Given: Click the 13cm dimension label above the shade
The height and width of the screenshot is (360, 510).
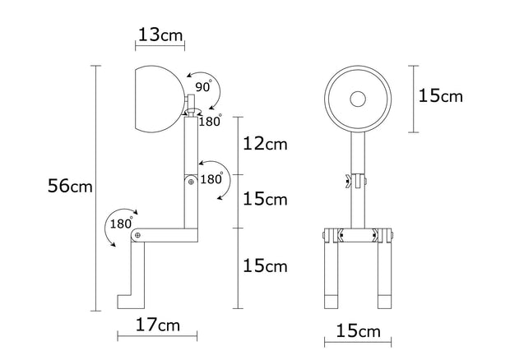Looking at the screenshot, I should [160, 35].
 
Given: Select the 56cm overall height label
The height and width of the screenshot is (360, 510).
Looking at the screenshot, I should [71, 187].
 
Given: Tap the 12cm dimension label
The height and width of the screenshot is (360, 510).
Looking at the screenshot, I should [264, 144].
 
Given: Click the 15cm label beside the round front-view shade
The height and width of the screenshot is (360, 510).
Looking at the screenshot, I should [440, 96].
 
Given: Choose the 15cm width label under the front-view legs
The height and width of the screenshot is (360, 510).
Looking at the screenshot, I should [358, 331].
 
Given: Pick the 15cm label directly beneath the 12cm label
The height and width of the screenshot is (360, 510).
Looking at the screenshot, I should [264, 199].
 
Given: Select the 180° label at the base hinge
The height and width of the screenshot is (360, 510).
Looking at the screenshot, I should [120, 224].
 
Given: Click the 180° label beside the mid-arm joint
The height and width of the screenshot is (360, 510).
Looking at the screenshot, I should [212, 178].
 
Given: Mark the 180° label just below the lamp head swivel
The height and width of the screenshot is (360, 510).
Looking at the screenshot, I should [211, 122].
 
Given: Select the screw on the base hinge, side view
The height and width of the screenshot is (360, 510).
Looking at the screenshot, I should [137, 236].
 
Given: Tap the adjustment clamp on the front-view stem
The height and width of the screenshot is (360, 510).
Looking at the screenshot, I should [357, 182].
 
